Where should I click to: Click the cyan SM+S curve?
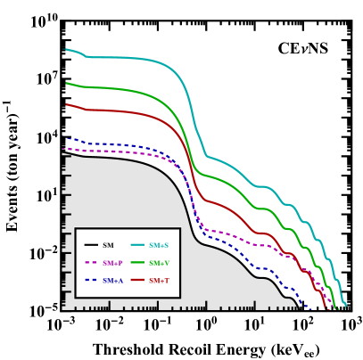pos(134,58)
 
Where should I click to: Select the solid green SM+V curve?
pos(134,91)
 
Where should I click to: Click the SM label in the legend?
pos(108,245)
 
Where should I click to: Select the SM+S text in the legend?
pos(158,245)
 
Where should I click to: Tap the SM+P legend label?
pos(112,263)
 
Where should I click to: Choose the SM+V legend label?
pos(159,263)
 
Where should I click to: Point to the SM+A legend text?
pos(112,281)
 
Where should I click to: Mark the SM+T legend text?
pos(159,281)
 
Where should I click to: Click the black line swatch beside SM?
pos(91,245)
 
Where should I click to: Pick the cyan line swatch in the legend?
pos(137,245)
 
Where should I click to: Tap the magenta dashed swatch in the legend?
pos(91,263)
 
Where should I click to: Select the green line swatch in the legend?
pos(137,263)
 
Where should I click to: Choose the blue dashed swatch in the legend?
pos(91,281)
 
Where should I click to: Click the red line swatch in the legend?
pos(137,281)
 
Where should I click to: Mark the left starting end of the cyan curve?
pos(66,50)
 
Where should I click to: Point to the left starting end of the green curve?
pos(66,84)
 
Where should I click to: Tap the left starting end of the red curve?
pos(66,104)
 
